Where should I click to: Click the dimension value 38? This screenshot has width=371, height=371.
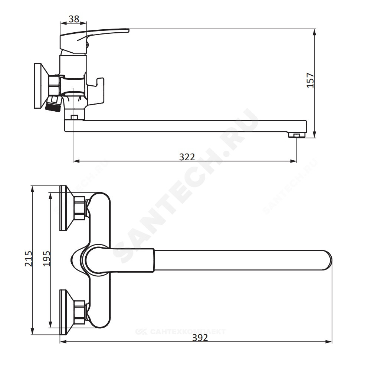(x=73, y=19)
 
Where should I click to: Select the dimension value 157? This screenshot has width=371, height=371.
(x=310, y=81)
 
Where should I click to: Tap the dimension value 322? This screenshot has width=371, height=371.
(x=187, y=157)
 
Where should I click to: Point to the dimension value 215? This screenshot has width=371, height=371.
(x=29, y=259)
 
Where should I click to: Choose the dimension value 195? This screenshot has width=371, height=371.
(x=47, y=259)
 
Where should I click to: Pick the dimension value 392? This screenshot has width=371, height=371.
(x=200, y=337)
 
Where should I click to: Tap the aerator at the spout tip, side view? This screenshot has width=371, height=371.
(x=297, y=135)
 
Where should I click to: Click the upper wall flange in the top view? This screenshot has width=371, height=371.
(x=67, y=208)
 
